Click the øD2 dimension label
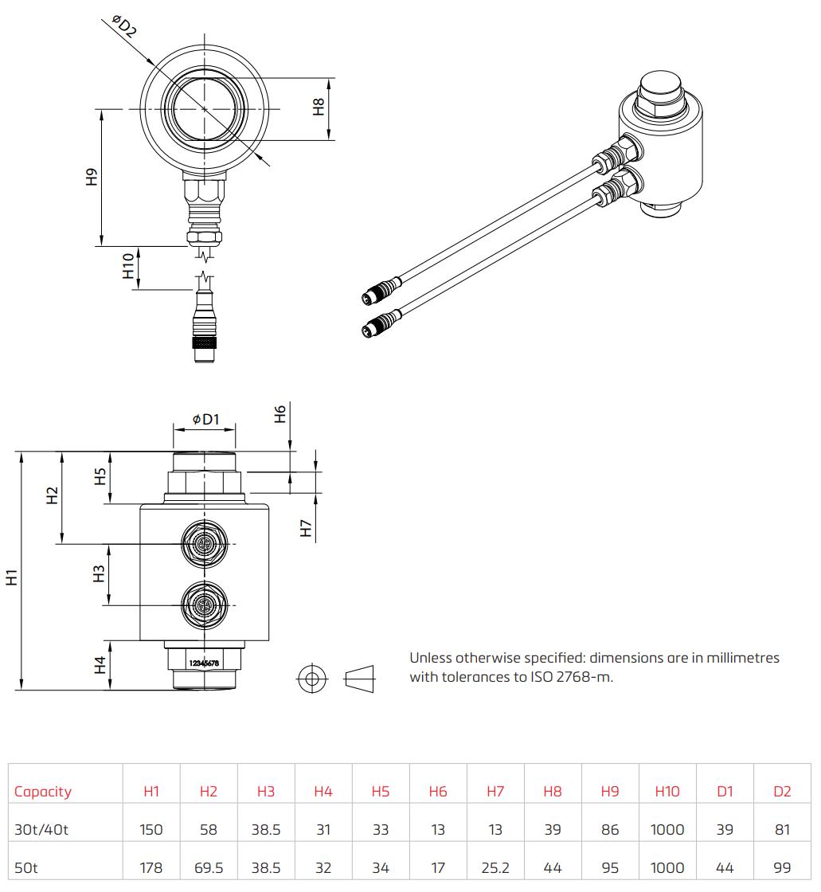pyautogui.click(x=124, y=27)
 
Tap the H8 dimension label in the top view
pyautogui.click(x=319, y=107)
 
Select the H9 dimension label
pyautogui.click(x=92, y=177)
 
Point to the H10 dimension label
pyautogui.click(x=128, y=266)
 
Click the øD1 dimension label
pyautogui.click(x=205, y=419)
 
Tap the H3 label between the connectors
pyautogui.click(x=99, y=573)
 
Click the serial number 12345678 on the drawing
pyautogui.click(x=204, y=663)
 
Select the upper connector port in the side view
pyautogui.click(x=204, y=544)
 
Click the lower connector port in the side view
pyautogui.click(x=204, y=605)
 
